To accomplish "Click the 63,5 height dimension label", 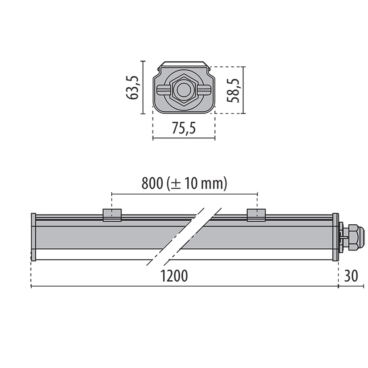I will [x=132, y=87].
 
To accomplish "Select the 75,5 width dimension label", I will [x=184, y=129].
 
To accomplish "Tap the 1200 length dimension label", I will [x=174, y=276].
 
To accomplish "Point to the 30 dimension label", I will [x=351, y=276].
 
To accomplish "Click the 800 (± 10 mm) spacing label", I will [x=184, y=183].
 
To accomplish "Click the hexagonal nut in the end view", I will [x=183, y=90].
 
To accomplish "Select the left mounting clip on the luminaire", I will [x=112, y=214].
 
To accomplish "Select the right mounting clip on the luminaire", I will [x=257, y=214].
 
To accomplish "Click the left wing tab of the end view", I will [x=162, y=90].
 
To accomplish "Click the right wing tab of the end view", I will [x=204, y=90].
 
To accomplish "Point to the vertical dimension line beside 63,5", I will [x=143, y=87].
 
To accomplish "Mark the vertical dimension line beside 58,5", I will [x=244, y=90].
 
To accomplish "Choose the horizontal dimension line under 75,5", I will [x=184, y=138].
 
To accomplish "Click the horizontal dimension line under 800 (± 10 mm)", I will [x=184, y=194].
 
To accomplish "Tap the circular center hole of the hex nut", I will [x=183, y=90].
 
